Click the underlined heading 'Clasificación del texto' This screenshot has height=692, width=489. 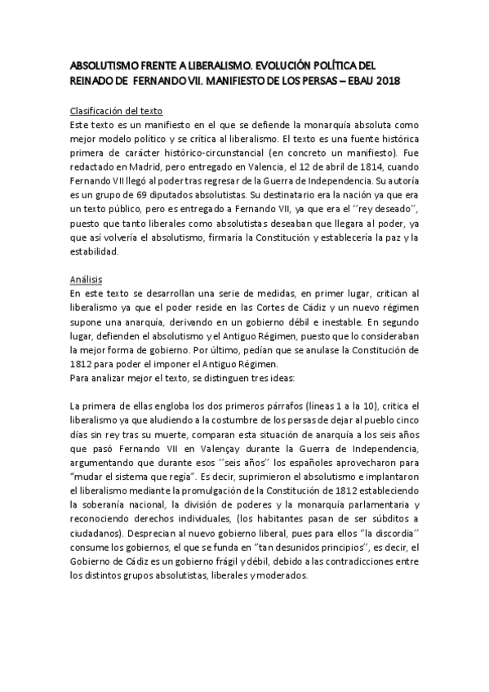point(115,110)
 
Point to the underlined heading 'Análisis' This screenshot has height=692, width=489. point(85,278)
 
